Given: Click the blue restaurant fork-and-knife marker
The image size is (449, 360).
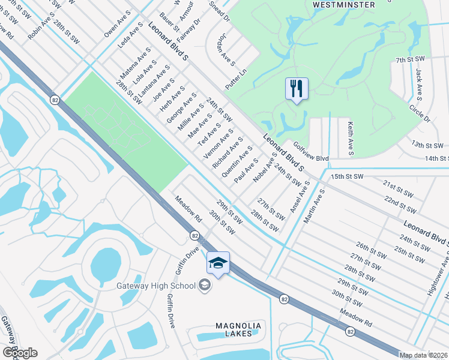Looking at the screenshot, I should click(297, 89).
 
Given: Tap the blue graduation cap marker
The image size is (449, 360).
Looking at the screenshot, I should click(218, 263).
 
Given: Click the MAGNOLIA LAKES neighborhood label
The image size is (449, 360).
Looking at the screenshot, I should click(238, 329).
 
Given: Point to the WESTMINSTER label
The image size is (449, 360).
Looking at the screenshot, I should click(344, 5).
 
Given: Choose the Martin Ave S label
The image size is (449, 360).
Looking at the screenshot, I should click(313, 206).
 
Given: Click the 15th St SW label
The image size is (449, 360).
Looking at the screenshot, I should click(347, 176).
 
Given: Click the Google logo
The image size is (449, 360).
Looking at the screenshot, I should click(19, 353).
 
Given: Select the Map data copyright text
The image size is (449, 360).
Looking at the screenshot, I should click(424, 355).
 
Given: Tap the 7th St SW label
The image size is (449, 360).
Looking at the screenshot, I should click(410, 60).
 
